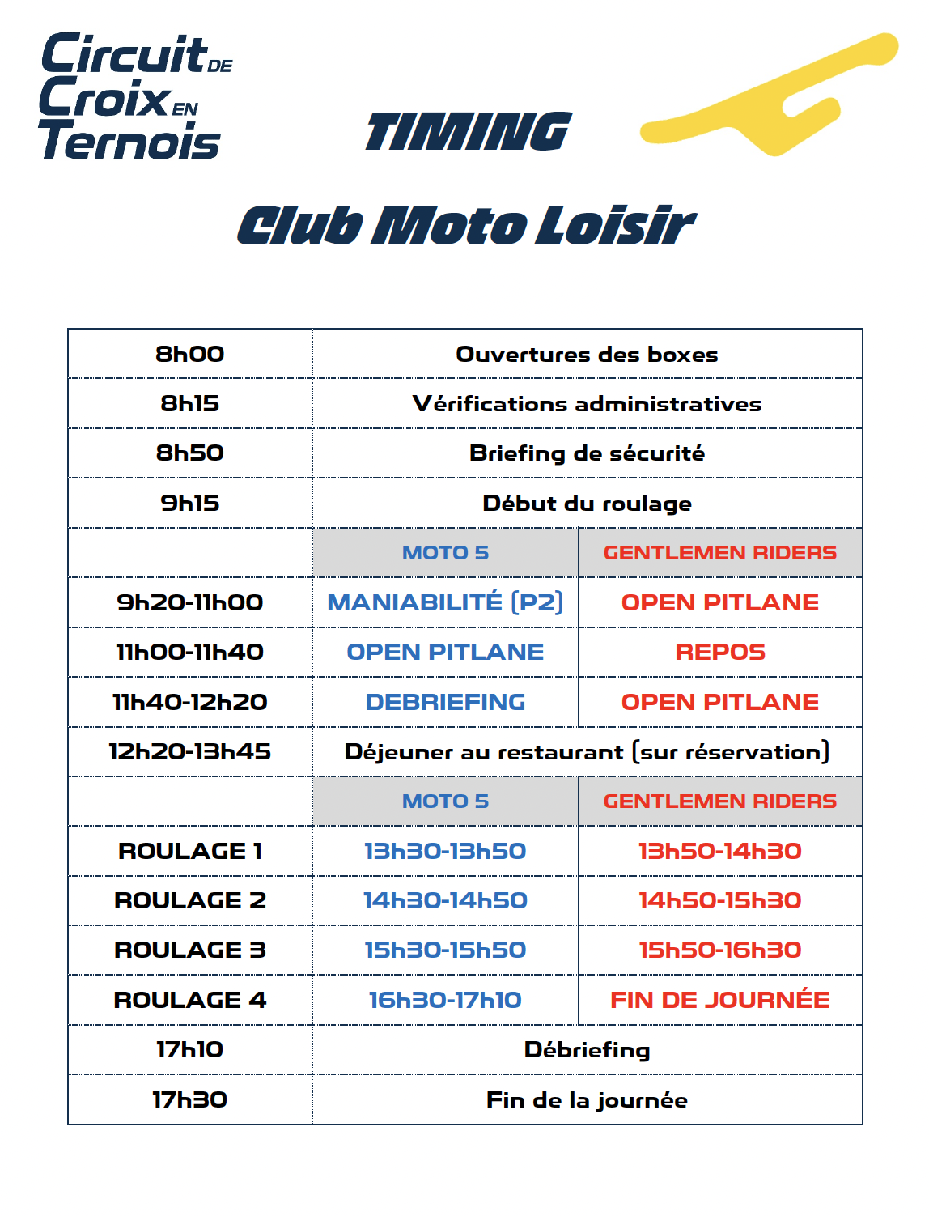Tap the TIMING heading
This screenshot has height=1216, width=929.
(468, 132)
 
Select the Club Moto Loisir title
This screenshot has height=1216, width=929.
(466, 225)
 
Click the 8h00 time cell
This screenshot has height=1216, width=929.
(190, 354)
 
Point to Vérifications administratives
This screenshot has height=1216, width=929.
(587, 403)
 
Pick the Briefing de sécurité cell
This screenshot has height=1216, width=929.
(587, 453)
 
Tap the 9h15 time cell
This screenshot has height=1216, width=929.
(190, 503)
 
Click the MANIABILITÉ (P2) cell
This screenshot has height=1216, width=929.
(445, 602)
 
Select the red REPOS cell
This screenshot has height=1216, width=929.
(720, 652)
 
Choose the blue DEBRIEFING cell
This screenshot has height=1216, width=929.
(445, 702)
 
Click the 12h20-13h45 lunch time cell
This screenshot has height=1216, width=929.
(190, 751)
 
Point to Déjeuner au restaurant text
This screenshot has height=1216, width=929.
(587, 752)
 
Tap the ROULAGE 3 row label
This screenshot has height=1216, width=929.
(190, 950)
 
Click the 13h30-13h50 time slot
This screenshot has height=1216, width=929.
(445, 851)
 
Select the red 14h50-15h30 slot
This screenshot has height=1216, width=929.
(720, 900)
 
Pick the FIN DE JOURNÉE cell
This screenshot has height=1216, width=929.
(720, 1000)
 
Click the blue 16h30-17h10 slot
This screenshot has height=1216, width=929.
(445, 1000)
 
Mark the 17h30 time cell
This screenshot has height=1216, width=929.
(190, 1099)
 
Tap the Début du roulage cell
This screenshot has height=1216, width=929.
(587, 503)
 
